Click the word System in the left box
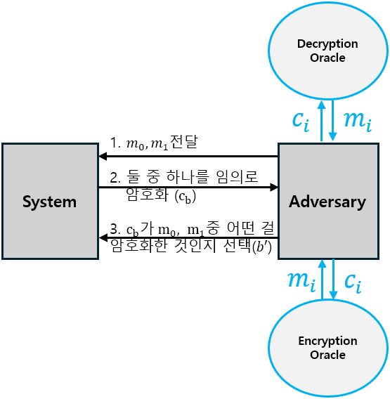click(x=49, y=202)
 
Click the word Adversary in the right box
click(x=327, y=202)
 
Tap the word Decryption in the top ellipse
click(x=327, y=44)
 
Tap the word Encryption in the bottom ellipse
click(x=327, y=341)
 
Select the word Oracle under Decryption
click(x=327, y=58)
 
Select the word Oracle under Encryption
click(x=327, y=355)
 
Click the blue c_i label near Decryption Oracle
click(x=301, y=120)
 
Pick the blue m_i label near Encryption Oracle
click(x=300, y=280)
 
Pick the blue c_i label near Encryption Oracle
click(x=353, y=280)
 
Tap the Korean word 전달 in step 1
click(x=184, y=143)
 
